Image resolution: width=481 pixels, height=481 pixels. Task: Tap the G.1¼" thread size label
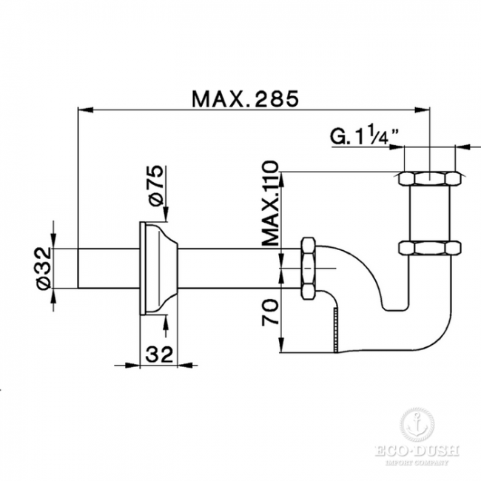(x=365, y=135)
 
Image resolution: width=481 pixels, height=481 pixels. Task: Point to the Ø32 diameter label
(x=43, y=269)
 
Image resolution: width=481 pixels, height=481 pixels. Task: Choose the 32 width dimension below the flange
(x=158, y=354)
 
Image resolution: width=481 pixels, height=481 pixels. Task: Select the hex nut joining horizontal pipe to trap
(x=309, y=268)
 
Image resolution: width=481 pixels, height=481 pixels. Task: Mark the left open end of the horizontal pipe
(x=79, y=269)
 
